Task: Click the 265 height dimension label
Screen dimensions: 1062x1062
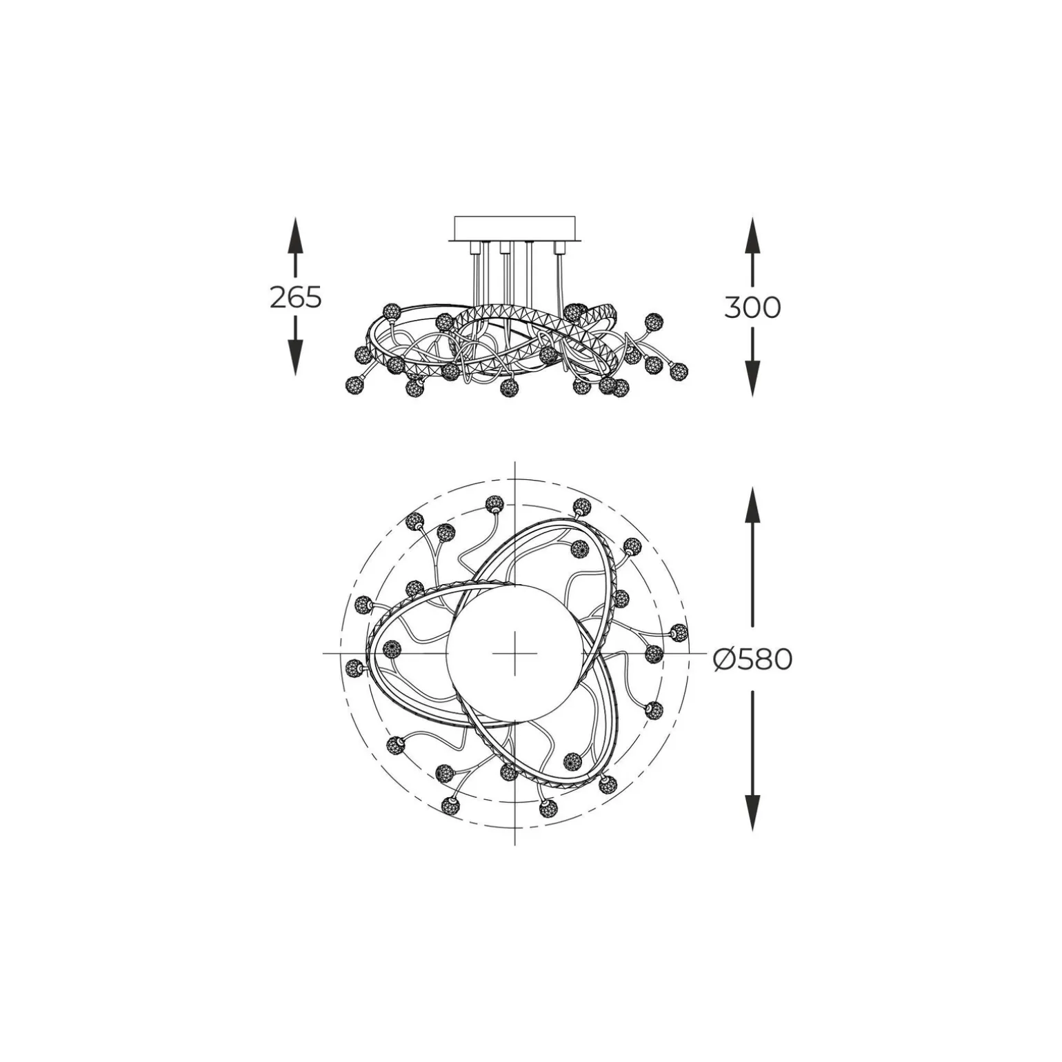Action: click(x=295, y=297)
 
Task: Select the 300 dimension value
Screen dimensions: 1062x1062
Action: click(x=752, y=307)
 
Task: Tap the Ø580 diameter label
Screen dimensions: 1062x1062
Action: click(x=752, y=660)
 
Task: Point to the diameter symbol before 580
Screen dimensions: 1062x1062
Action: click(x=726, y=660)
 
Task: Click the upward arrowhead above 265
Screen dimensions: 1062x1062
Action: click(x=295, y=234)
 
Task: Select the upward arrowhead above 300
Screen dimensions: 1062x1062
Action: click(x=752, y=234)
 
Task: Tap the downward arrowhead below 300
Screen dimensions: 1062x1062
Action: click(x=752, y=379)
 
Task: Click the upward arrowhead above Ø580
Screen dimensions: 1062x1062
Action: click(x=752, y=505)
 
